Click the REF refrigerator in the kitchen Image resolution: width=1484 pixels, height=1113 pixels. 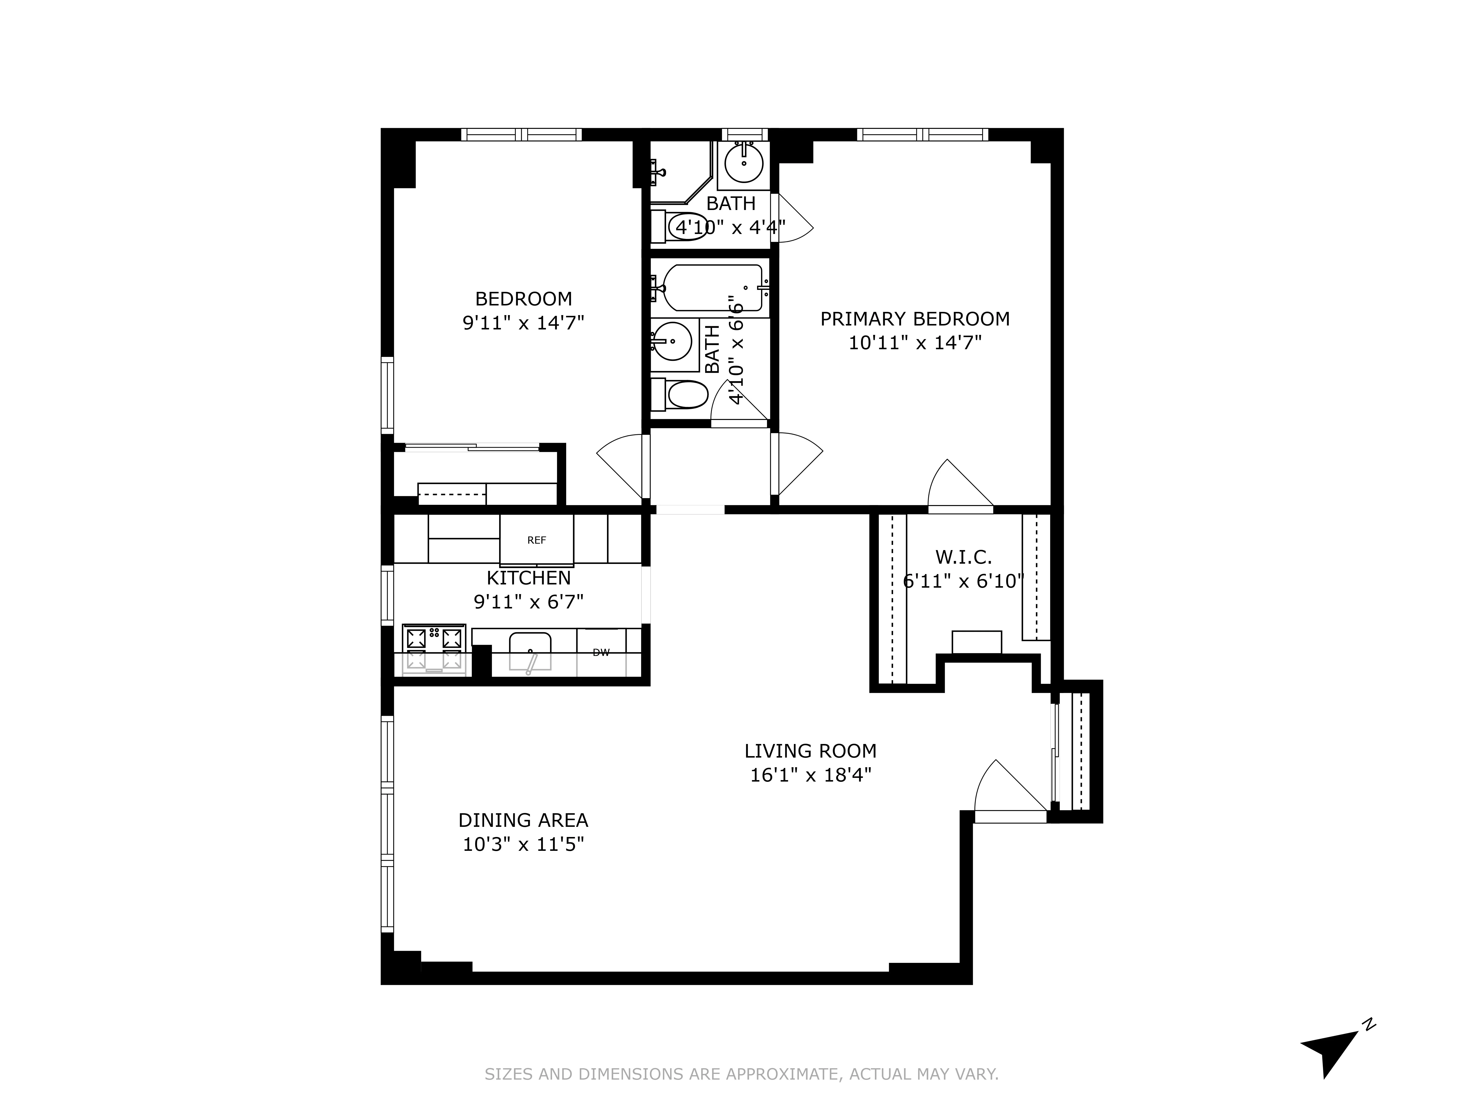536,540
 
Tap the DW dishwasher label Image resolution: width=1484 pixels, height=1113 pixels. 601,652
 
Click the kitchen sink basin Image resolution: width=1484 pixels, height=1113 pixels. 530,651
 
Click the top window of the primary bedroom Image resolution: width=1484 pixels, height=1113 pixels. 923,134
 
